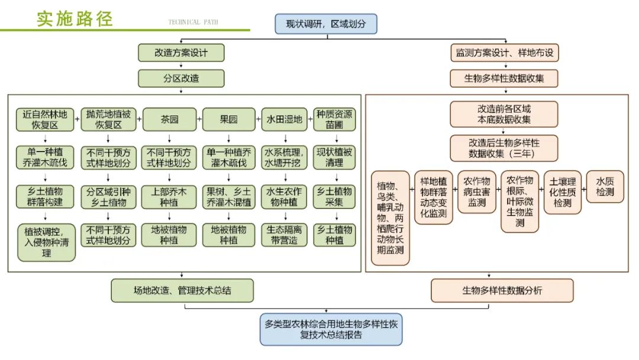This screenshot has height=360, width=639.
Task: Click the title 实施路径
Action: coord(75,18)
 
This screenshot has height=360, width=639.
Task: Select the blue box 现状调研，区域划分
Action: coord(325,24)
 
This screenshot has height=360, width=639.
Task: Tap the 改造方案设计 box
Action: coord(181,53)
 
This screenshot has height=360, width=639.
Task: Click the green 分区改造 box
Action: coord(181,78)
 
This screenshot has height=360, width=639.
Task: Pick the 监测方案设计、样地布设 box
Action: coord(504,53)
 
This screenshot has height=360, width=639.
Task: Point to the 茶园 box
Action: coord(170,120)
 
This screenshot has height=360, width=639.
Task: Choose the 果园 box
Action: coord(229,120)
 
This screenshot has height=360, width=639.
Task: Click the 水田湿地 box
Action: coord(285,120)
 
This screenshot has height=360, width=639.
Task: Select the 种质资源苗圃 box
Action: coord(334,120)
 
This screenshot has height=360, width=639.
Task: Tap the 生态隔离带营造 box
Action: coord(285,234)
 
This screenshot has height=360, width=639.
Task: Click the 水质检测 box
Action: coord(605,187)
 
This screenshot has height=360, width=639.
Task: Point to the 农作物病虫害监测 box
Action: coord(477,191)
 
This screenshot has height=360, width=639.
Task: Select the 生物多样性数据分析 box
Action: coord(502,291)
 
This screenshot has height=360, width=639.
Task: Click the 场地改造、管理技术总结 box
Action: coord(182,291)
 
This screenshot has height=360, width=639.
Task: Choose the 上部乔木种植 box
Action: coord(170,197)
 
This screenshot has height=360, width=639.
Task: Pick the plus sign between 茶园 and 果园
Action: coord(199,120)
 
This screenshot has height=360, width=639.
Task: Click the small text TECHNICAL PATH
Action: coord(193,22)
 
